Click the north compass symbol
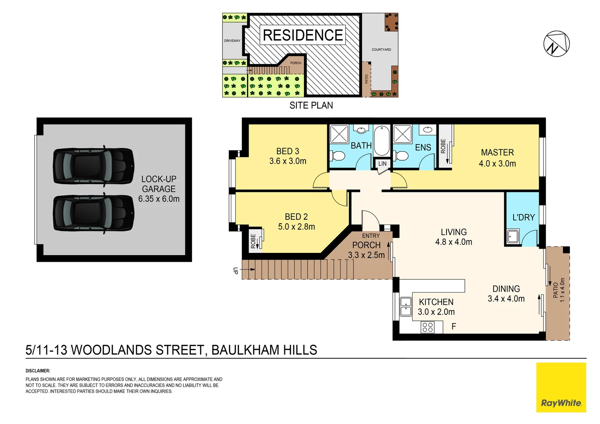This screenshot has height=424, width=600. pos(556,44)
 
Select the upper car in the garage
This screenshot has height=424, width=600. pos(93,166)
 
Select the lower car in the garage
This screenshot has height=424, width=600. pos(93,213)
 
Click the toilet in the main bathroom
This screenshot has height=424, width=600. pos(337,156)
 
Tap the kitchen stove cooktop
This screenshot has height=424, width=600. pos(428,327)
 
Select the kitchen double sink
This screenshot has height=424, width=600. pos(406,307)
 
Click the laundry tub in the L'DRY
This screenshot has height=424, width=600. pos(512,237)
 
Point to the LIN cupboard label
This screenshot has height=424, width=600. pos(382,164)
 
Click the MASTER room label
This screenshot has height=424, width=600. pos(497,152)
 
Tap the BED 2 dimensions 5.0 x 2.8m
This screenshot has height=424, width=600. pos(296,227)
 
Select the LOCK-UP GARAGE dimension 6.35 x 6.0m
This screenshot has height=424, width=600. pos(159,199)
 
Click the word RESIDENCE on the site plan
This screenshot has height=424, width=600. pos(303,35)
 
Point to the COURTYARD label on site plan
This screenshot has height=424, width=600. pos(381,50)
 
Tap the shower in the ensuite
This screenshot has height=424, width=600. pos(402,134)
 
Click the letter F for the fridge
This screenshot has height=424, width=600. pos(454,326)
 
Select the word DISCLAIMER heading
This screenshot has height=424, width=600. pos(38,371)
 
